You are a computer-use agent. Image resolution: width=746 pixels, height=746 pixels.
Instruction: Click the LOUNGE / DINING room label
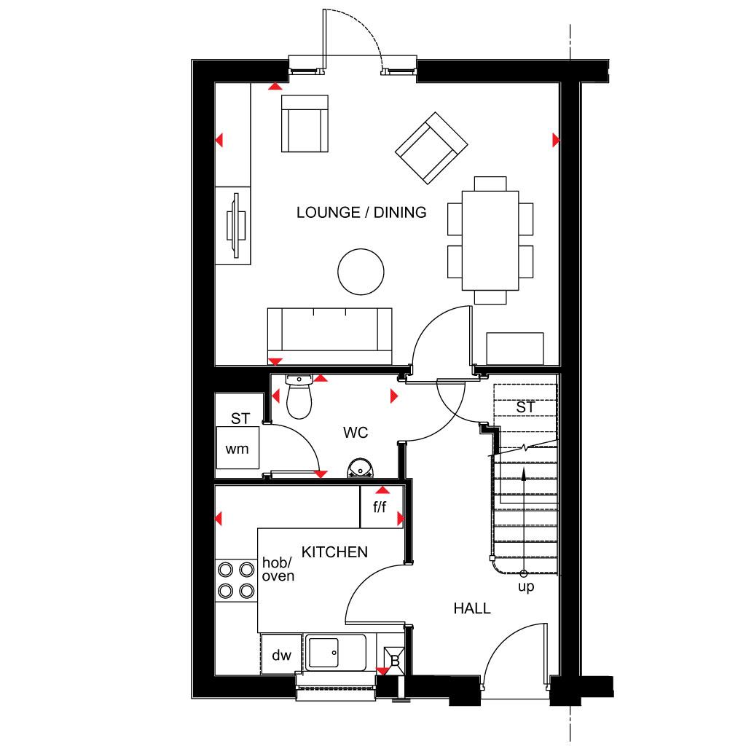361,213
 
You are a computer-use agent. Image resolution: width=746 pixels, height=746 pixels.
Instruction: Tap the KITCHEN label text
334,553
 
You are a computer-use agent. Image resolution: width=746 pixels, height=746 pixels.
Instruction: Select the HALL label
472,608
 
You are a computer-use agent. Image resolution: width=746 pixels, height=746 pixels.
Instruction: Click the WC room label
356,433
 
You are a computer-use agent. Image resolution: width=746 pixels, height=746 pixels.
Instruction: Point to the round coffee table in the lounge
361,272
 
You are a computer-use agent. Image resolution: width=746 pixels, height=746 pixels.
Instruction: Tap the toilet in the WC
299,397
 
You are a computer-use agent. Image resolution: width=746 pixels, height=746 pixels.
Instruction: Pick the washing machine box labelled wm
237,449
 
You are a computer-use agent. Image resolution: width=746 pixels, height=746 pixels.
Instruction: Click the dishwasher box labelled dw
281,656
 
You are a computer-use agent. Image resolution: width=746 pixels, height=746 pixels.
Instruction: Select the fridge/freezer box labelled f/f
380,507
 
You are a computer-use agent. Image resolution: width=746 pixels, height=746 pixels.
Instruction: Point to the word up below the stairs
525,586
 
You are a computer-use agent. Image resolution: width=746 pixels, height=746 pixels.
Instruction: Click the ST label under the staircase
525,407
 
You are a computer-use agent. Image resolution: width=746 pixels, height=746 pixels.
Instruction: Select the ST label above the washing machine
240,419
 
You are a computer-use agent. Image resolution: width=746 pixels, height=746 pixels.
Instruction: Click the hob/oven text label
278,570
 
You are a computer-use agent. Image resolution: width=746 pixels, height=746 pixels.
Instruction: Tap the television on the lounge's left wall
236,225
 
